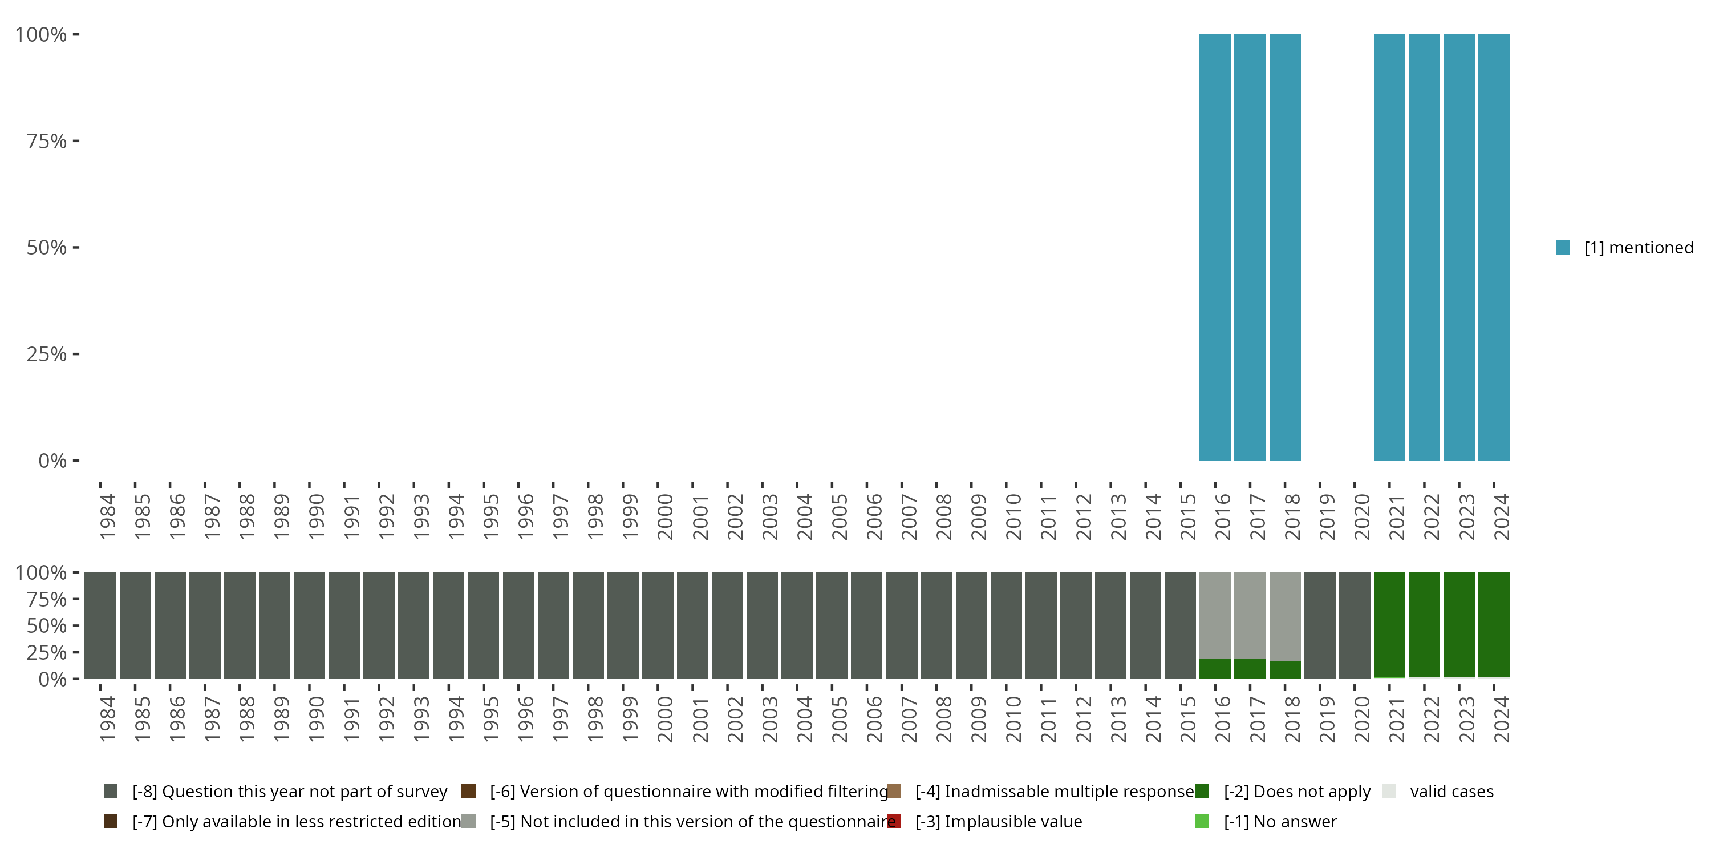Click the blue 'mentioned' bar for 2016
coord(1215,247)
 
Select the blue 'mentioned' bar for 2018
coord(1284,247)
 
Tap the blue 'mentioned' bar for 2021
coord(1389,247)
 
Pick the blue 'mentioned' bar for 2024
coord(1494,247)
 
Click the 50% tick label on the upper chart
coord(47,248)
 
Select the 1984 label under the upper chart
coord(108,516)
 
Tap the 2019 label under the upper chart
coord(1327,516)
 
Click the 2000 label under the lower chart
coord(666,719)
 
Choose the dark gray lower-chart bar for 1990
coord(310,625)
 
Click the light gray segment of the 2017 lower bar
coord(1250,615)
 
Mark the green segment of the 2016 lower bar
coord(1215,669)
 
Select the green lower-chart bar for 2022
coord(1424,625)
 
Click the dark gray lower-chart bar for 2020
coord(1355,625)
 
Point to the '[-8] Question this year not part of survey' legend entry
coord(290,792)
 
